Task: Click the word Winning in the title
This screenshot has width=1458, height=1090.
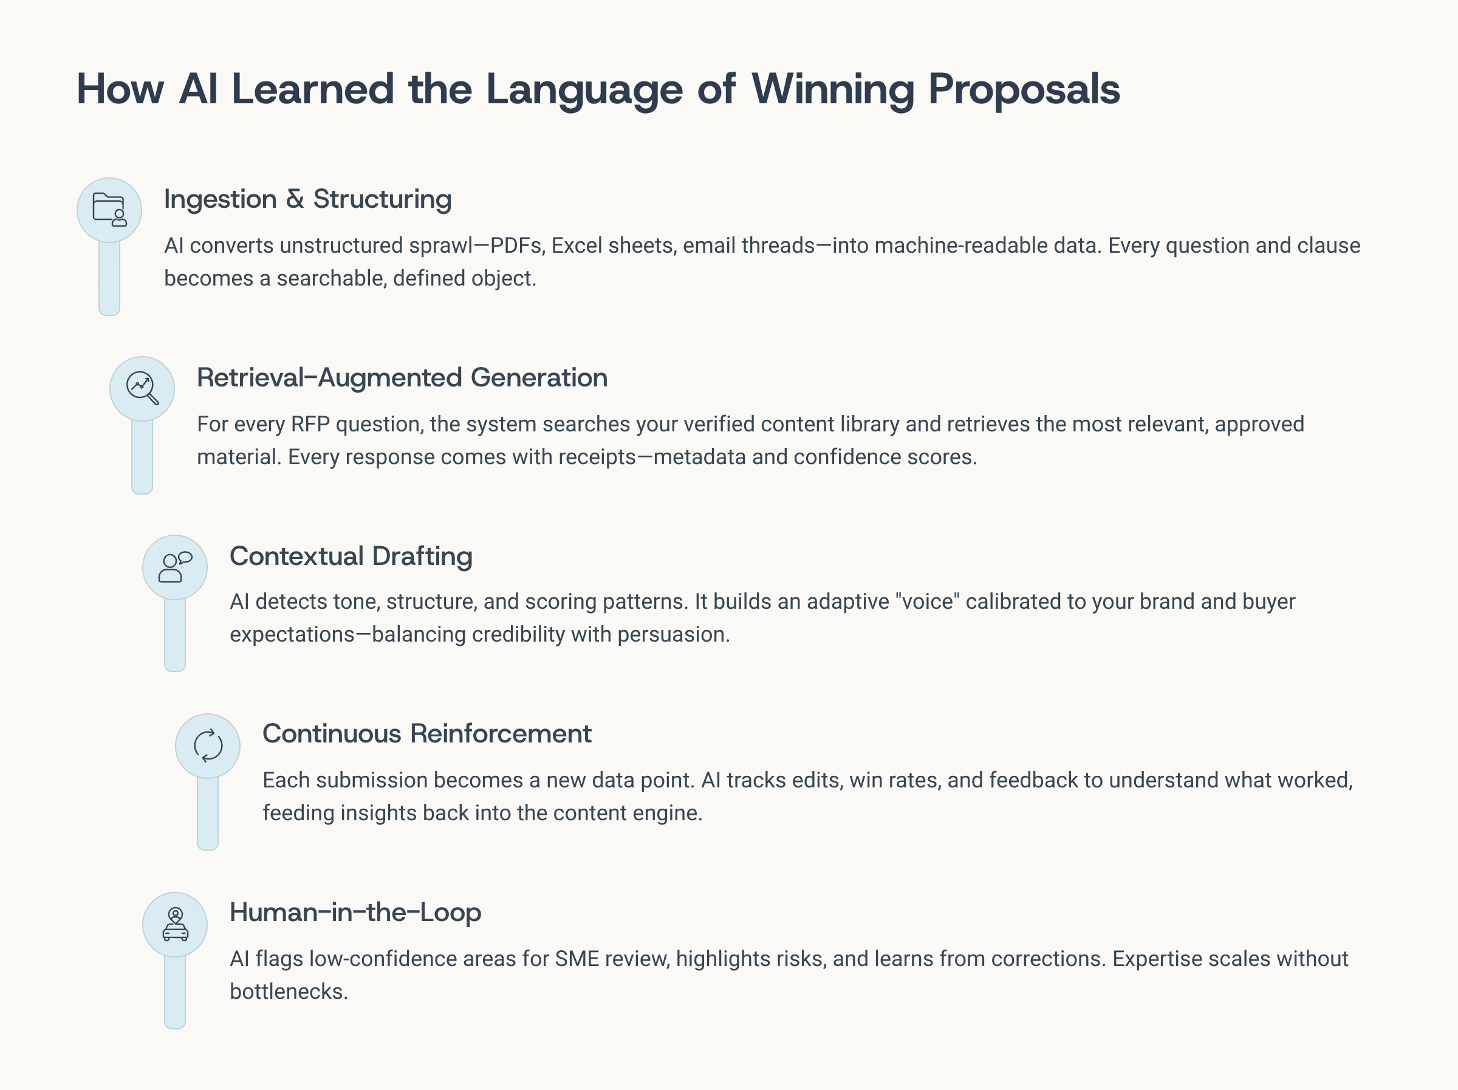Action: click(832, 89)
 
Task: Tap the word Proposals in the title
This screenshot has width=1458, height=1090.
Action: click(1024, 89)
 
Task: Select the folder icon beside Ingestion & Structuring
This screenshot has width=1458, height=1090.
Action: click(109, 210)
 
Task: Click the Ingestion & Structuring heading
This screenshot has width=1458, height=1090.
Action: click(308, 199)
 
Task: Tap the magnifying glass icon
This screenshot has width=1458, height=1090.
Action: click(142, 388)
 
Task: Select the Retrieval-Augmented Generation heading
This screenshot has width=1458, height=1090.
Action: click(402, 378)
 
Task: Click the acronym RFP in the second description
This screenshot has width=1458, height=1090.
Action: click(310, 424)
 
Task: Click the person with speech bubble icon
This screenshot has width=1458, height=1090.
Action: click(176, 567)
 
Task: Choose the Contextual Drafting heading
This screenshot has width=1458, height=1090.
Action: click(351, 556)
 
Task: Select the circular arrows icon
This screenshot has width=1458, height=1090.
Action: click(208, 746)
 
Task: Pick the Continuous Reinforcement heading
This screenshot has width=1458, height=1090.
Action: click(427, 734)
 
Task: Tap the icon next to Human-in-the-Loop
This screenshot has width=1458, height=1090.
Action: click(176, 924)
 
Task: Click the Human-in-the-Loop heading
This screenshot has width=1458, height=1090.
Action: click(355, 913)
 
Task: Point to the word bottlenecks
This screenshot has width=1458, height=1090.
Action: click(288, 992)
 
